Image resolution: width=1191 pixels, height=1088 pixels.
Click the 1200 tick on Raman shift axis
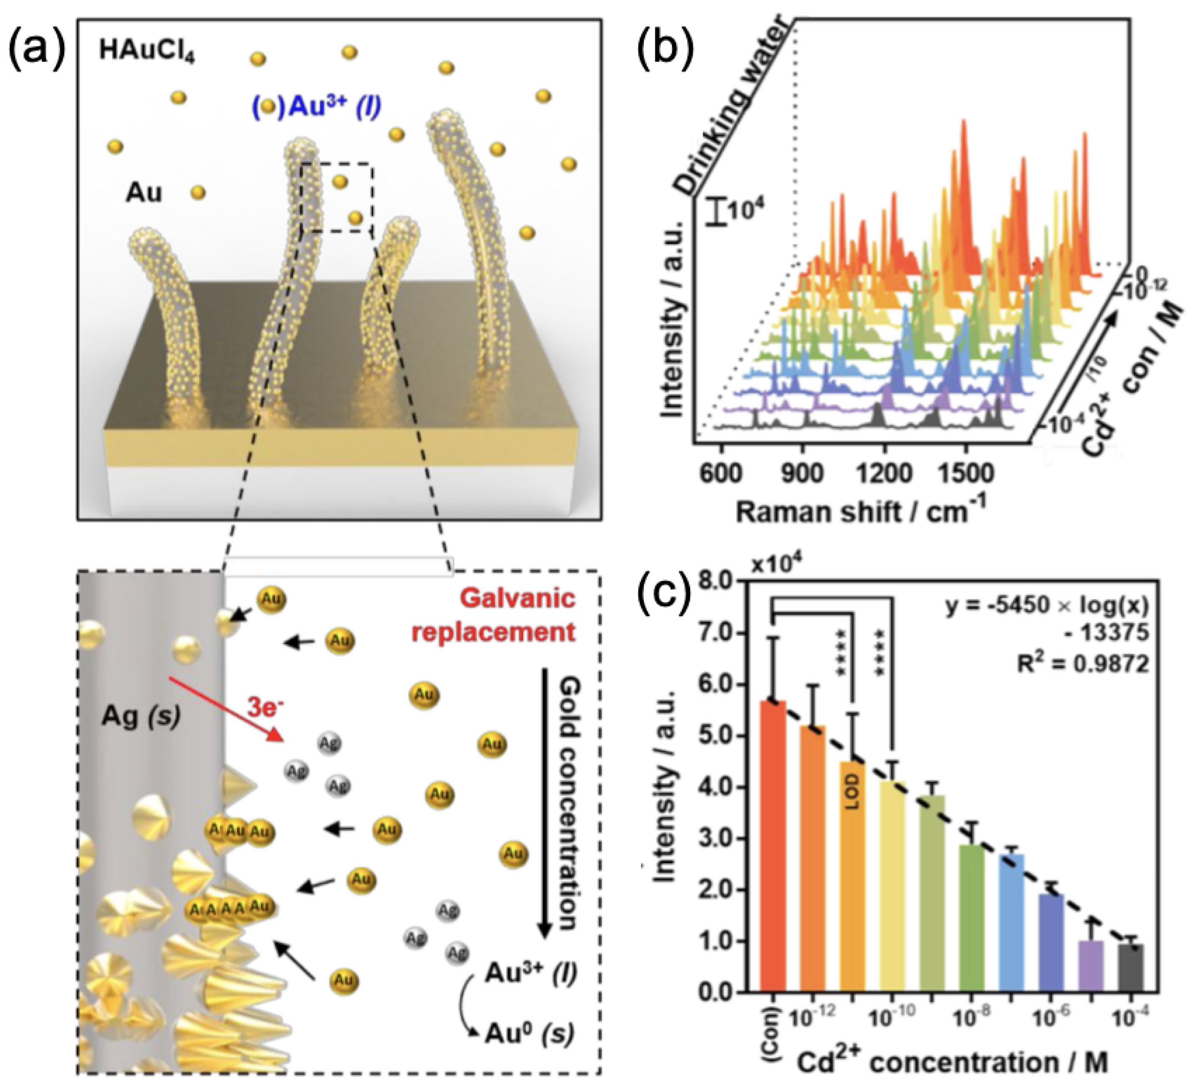[884, 473]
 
